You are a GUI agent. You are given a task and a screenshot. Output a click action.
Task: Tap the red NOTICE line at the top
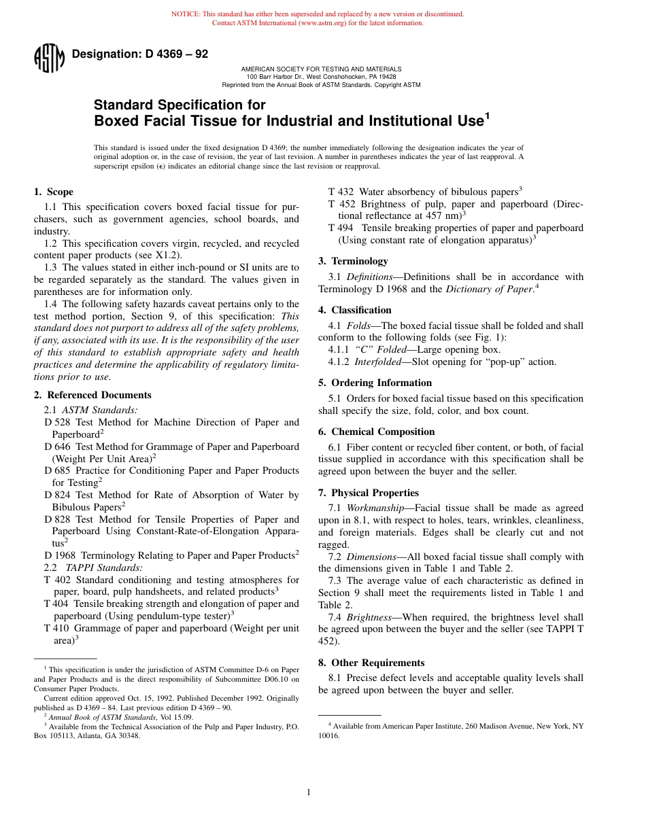[x=318, y=14]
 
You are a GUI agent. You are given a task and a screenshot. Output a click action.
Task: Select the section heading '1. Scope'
[x=54, y=192]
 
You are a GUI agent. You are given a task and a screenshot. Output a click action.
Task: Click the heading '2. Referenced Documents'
[x=92, y=395]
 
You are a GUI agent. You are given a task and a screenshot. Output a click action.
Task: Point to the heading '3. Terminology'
[x=353, y=261]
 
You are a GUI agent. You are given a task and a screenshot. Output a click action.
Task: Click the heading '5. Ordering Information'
[x=375, y=383]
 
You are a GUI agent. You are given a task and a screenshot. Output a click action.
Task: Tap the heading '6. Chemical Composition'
[x=376, y=432]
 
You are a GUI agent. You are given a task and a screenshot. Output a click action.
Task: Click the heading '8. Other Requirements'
[x=371, y=663]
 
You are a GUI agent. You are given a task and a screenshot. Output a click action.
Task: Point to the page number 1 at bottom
[x=309, y=792]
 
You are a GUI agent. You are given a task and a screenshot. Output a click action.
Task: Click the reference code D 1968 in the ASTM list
[x=60, y=555]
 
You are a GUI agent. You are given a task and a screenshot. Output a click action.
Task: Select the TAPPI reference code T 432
[x=341, y=192]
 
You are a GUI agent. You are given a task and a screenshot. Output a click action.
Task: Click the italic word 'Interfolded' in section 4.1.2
[x=378, y=362]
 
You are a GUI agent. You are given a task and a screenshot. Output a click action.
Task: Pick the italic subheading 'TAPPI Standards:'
[x=104, y=568]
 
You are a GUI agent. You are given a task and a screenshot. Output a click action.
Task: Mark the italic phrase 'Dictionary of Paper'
[x=488, y=288]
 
